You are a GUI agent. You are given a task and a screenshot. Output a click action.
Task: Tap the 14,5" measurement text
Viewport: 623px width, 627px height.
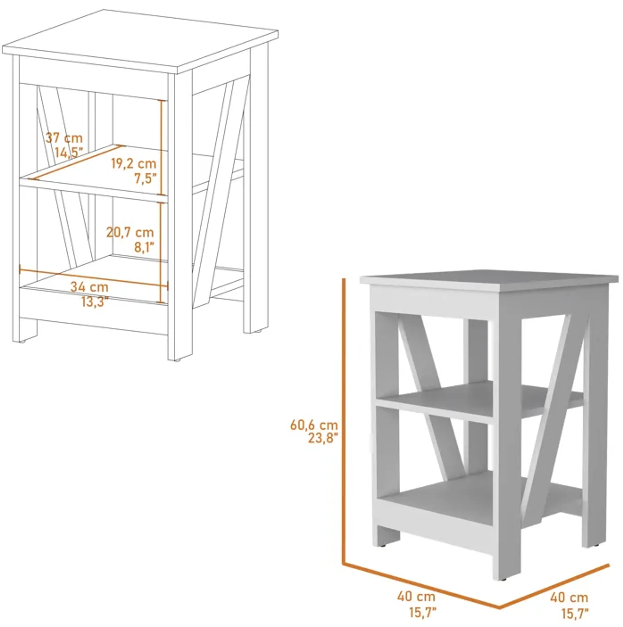tap(68, 152)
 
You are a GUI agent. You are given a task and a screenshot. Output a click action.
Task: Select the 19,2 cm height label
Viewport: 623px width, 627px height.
tap(134, 164)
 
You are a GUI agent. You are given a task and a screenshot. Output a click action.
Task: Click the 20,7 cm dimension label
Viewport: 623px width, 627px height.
tap(130, 232)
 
